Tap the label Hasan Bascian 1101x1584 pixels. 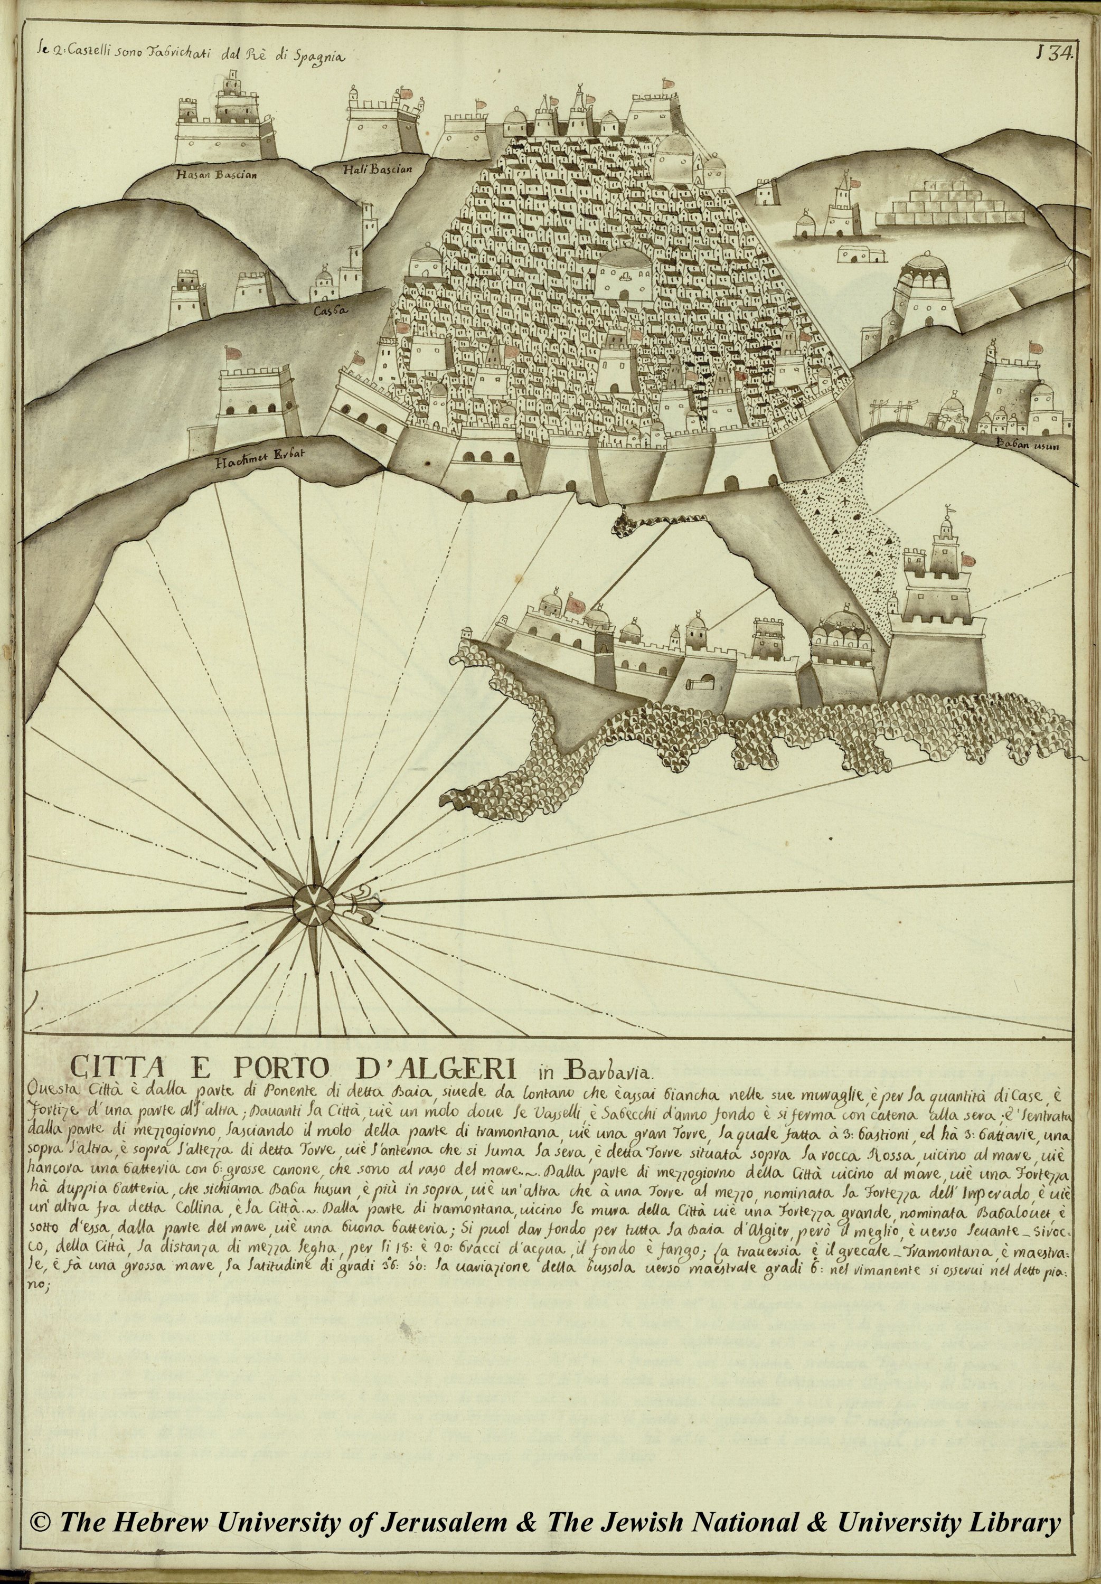click(x=216, y=174)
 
